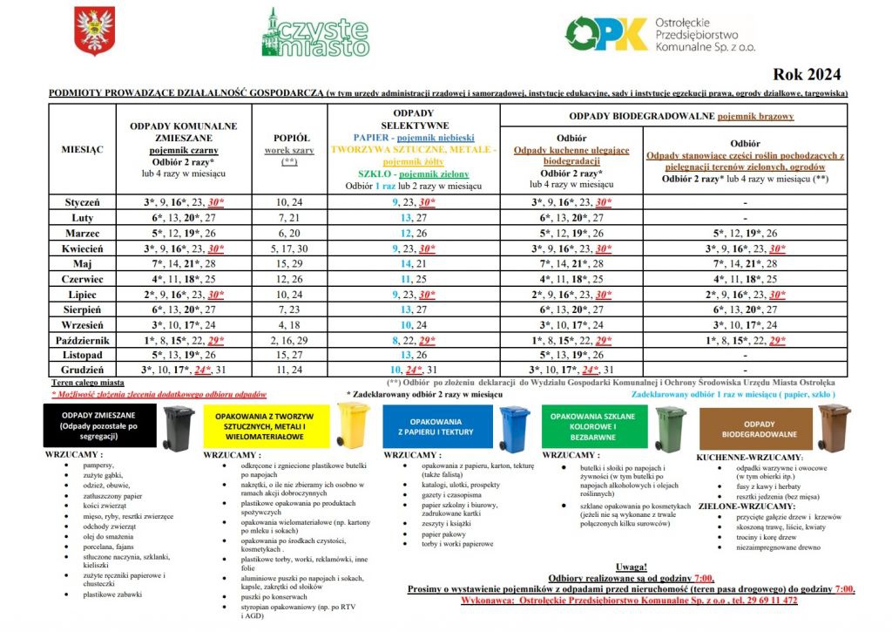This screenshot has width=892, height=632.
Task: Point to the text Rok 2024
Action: [807, 74]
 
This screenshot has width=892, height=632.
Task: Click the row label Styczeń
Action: [83, 202]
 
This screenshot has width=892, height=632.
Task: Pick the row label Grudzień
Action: [83, 369]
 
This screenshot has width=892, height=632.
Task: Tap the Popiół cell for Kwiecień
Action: [292, 248]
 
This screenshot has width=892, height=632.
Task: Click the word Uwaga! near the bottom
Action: [631, 566]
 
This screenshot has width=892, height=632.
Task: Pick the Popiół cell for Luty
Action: [292, 217]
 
